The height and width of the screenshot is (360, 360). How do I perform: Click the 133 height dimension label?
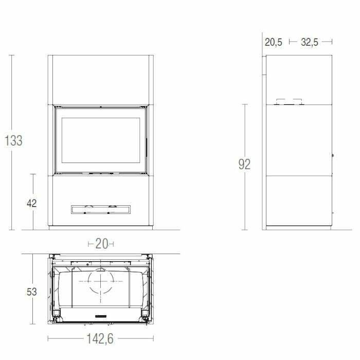[14, 140]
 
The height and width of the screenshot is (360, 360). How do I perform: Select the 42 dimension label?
[32, 203]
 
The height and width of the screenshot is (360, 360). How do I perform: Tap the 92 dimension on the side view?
[244, 165]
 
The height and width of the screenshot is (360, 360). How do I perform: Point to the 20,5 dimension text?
[274, 43]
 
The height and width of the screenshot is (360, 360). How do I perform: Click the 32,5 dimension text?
[310, 43]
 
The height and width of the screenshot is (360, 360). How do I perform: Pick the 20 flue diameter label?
[101, 244]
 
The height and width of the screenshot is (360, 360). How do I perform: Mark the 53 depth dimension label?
[32, 292]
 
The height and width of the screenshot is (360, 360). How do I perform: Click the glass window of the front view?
[100, 142]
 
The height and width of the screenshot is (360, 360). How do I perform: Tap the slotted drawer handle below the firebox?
[100, 209]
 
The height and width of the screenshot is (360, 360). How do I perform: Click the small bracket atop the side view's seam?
[289, 101]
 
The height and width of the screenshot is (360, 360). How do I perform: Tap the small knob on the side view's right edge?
[333, 155]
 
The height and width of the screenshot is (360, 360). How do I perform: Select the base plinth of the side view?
[298, 227]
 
